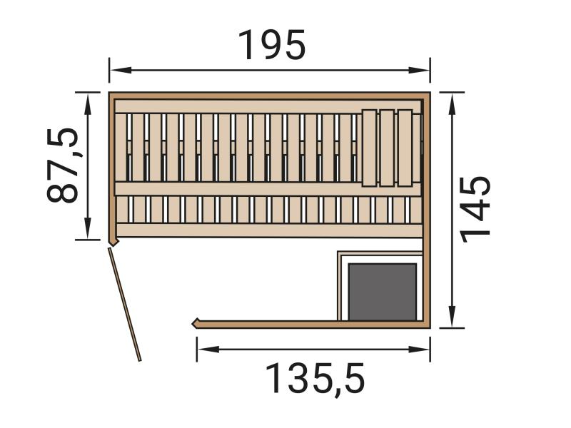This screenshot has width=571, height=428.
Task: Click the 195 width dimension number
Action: pos(271,46)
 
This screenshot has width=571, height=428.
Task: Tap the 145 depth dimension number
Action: pos(475,208)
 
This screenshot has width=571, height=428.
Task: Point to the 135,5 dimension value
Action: pos(315,378)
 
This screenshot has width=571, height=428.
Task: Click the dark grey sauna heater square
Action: pos(382,291)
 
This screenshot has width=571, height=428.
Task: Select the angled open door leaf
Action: pos(125,304)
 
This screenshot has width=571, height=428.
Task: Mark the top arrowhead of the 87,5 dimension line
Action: pos(88,98)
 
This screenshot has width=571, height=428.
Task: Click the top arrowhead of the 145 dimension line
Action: pos(452,98)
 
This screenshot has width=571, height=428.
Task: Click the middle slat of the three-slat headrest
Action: pos(387,148)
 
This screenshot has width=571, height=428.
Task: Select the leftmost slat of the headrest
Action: pos(369,148)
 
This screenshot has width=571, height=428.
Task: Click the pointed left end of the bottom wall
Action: pos(195,323)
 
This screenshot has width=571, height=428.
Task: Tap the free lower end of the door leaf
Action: pos(139,359)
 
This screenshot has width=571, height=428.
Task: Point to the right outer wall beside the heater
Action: pos(427,285)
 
